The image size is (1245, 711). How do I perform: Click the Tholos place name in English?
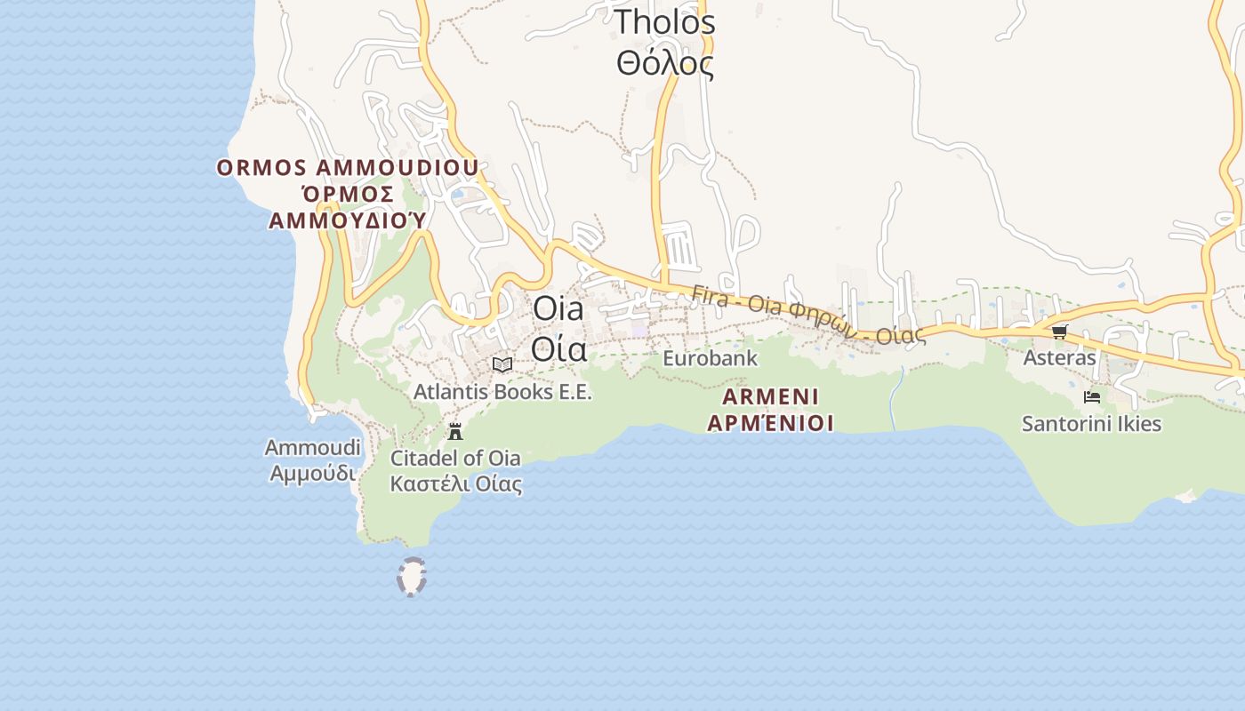665,21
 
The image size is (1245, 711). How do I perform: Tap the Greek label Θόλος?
665,63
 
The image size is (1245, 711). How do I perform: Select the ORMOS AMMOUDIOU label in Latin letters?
348,167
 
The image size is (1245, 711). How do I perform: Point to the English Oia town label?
558,308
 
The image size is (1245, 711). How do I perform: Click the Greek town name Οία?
559,348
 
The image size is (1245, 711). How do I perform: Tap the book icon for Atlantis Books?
502,364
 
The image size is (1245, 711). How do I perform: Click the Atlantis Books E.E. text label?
502,391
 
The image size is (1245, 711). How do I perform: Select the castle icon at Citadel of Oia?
455,432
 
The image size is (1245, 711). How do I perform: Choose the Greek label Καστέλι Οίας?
455,484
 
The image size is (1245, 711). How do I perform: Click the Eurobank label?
710,358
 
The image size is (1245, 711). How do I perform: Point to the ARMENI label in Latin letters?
771,396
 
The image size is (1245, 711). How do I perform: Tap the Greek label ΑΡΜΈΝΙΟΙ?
771,423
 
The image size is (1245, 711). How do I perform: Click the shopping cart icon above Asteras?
1059,332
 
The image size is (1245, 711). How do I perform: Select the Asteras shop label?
1059,357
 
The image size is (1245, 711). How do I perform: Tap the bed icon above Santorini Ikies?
1092,397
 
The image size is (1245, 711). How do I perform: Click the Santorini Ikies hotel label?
1091,424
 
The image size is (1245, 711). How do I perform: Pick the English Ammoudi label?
313,446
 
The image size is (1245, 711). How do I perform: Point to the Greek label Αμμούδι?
313,473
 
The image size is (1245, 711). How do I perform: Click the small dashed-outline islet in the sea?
411,577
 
